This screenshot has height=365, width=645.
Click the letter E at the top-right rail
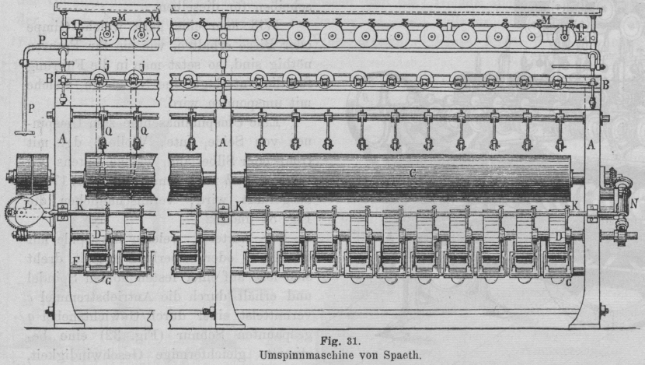click(x=580, y=36)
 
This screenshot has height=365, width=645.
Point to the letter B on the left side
click(x=50, y=78)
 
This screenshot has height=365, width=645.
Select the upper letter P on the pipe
click(x=40, y=37)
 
